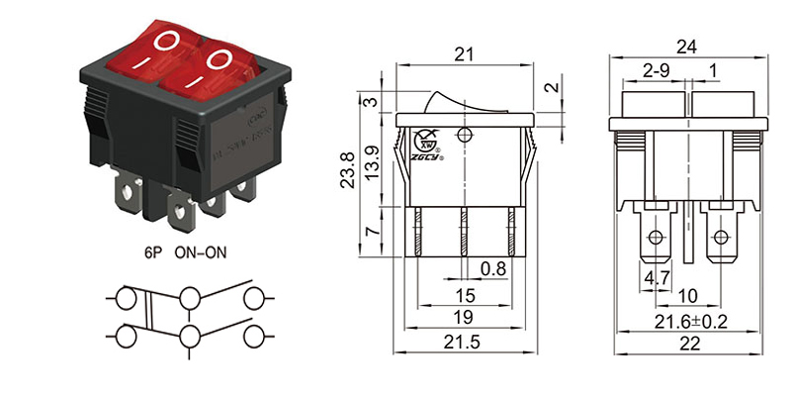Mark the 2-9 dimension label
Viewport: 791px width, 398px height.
pos(656,72)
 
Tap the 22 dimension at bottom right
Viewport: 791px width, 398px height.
pos(689,343)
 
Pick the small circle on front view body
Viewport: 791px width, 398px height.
pos(465,133)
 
